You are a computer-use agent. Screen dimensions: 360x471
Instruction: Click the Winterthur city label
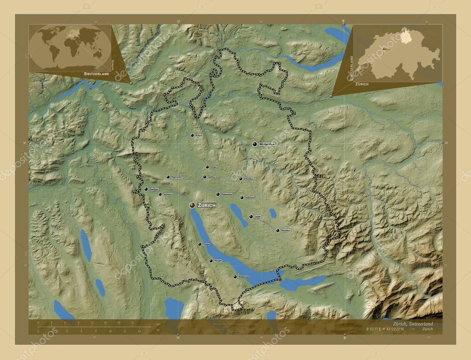[x=267, y=144]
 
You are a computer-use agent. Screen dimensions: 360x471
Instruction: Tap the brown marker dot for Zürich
[x=192, y=205]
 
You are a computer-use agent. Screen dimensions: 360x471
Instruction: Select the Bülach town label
[x=199, y=136]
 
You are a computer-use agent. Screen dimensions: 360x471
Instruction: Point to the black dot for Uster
[x=251, y=216]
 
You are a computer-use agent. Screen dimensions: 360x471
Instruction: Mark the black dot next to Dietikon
[x=146, y=189]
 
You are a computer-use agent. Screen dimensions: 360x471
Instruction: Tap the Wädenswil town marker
[x=235, y=277]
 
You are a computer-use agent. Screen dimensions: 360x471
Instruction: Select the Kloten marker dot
[x=207, y=167]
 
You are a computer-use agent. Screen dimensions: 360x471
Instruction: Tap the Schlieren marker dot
[x=160, y=194]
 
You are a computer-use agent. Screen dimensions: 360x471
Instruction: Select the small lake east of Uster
[x=273, y=213]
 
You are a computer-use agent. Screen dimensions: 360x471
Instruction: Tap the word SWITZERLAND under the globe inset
[x=97, y=74]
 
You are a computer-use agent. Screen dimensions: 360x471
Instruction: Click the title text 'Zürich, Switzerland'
[x=407, y=324]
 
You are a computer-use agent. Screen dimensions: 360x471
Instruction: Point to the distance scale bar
[x=92, y=327]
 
